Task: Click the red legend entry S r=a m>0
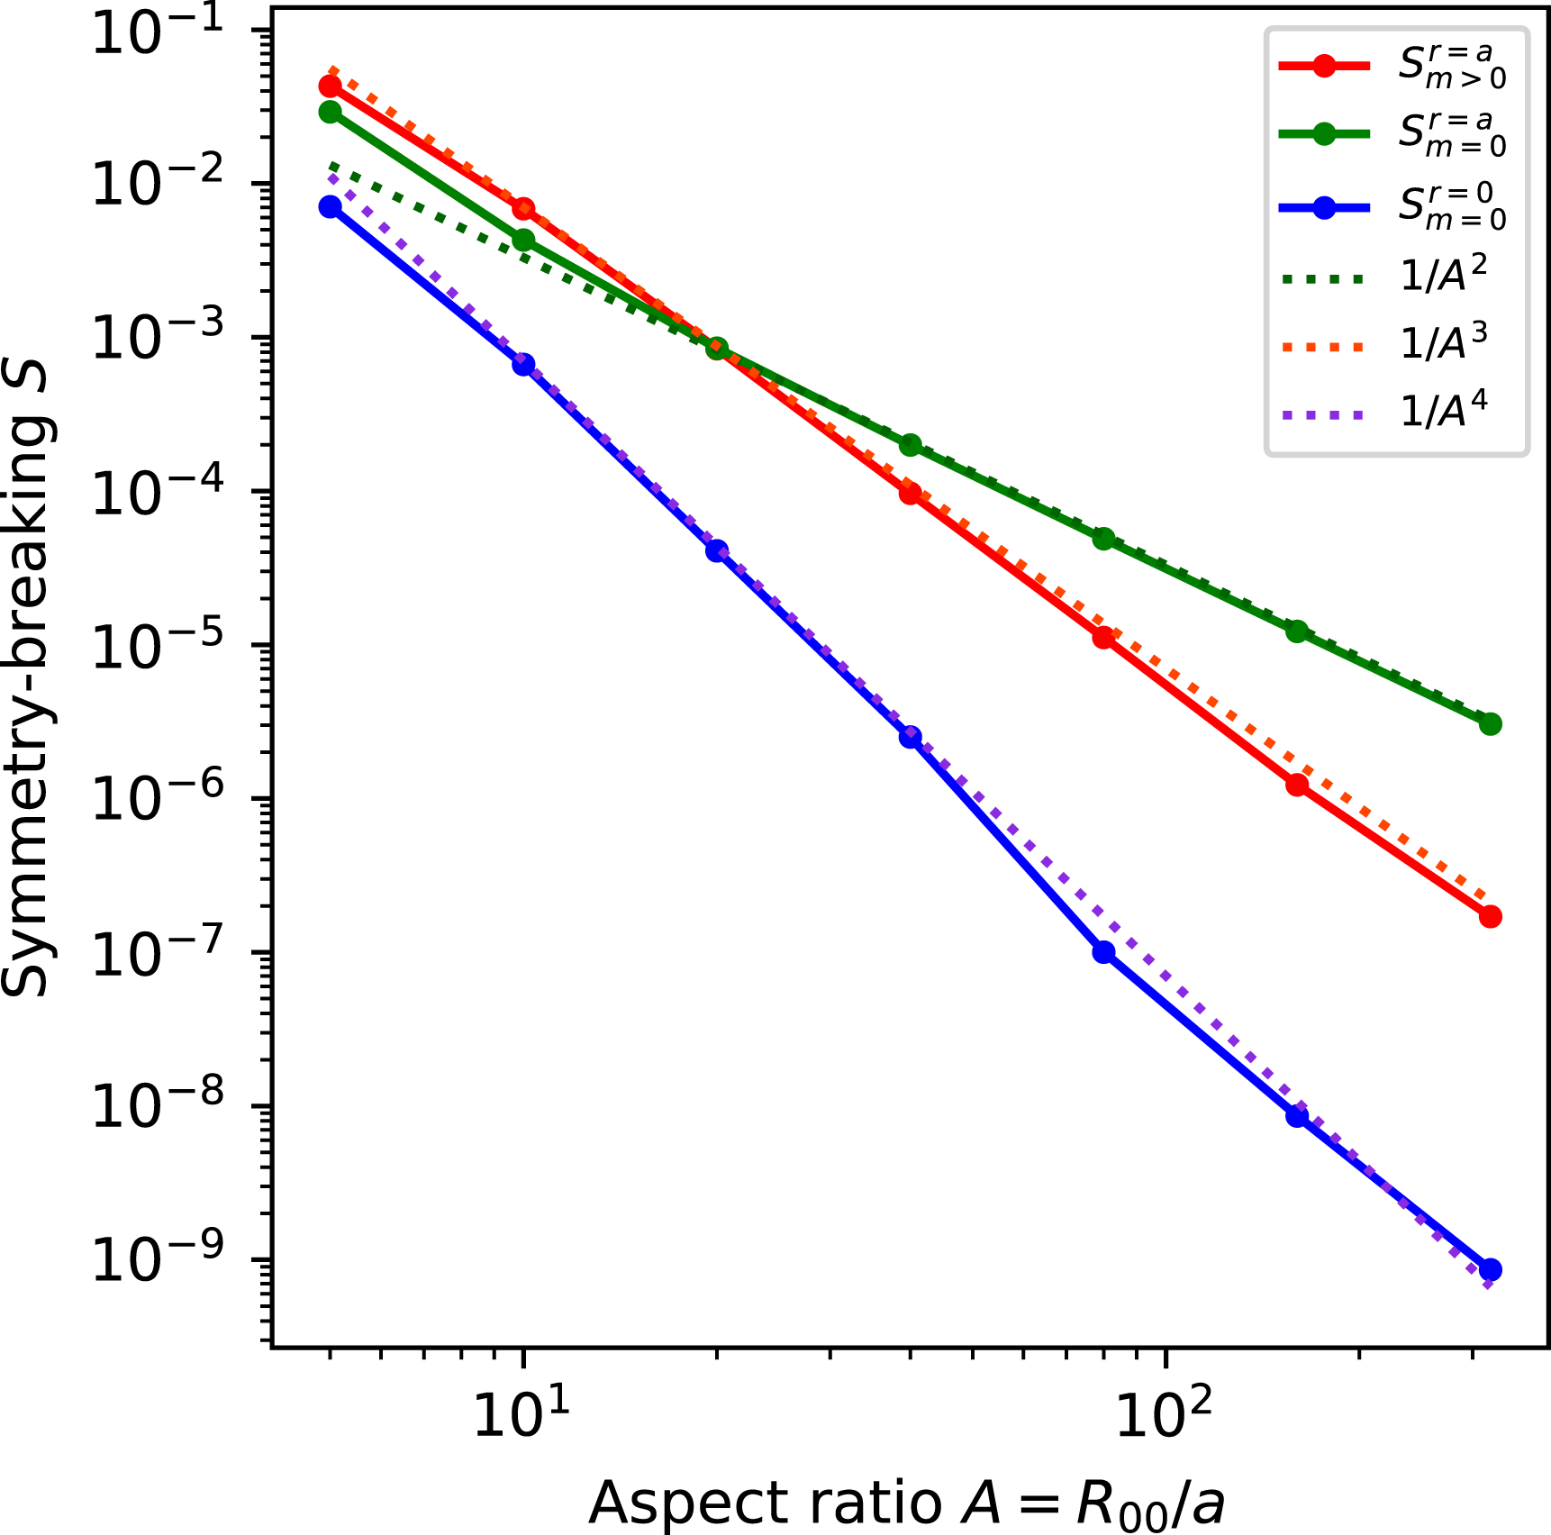click(x=1392, y=66)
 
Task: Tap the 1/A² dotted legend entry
click(x=1392, y=275)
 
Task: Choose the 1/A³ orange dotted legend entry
click(x=1392, y=344)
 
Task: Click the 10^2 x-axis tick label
click(x=1165, y=1413)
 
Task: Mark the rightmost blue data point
click(x=1490, y=1270)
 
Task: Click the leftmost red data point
click(x=331, y=86)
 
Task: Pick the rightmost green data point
click(x=1490, y=723)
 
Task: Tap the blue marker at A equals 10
click(x=523, y=365)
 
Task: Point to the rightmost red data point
click(x=1490, y=917)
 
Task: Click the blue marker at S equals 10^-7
click(x=1103, y=952)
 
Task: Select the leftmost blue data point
click(x=331, y=206)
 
